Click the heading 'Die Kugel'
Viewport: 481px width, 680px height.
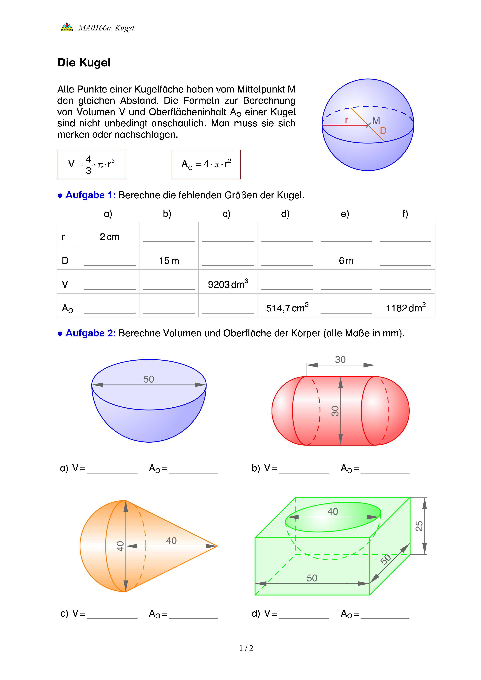(84, 62)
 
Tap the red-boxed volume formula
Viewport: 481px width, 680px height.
(92, 164)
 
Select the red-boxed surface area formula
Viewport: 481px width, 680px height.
(206, 164)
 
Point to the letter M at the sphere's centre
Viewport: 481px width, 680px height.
(376, 121)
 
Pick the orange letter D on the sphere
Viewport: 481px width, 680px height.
(383, 131)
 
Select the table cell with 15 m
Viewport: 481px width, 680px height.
(169, 261)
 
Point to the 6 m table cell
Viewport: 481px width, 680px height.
(346, 261)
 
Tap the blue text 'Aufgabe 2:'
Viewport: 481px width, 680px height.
(90, 333)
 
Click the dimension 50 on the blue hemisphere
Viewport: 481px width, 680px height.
(149, 379)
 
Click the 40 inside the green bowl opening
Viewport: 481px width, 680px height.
(333, 512)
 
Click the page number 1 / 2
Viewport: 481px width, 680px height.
(246, 648)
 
